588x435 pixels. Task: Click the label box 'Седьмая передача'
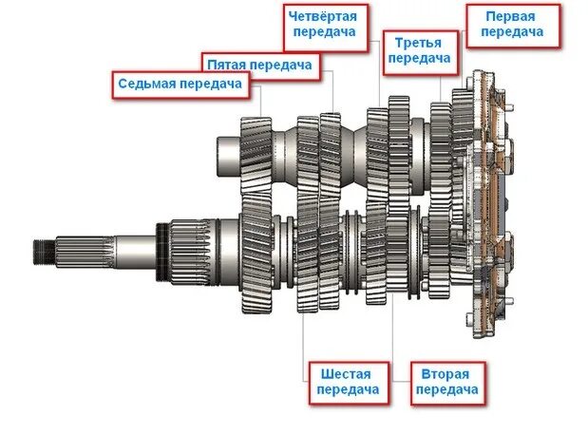pos(179,84)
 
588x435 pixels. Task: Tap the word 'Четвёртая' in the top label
pos(326,15)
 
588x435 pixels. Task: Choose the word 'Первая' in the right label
pos(511,16)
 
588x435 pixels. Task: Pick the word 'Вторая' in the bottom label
pos(446,373)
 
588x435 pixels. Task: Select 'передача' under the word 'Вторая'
pos(446,389)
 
